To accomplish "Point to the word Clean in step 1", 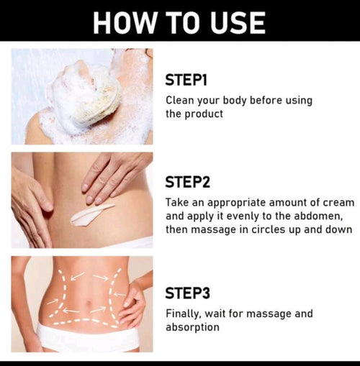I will pyautogui.click(x=181, y=101).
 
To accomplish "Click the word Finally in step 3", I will pyautogui.click(x=185, y=314).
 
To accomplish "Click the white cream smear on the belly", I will pyautogui.click(x=91, y=212).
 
